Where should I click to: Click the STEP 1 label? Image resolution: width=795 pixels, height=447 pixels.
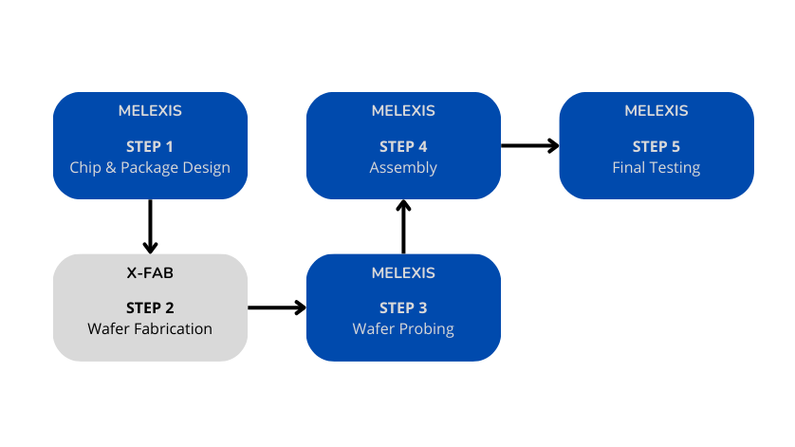pos(150,147)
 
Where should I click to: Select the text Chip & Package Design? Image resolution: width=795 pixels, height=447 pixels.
pos(150,168)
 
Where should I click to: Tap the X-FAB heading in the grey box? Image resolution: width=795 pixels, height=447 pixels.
pos(150,272)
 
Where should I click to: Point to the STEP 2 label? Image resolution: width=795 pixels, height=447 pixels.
pos(150,308)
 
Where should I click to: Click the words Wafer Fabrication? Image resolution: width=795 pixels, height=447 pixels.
pos(150,329)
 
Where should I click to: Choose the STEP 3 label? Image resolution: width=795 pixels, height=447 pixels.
pos(403,308)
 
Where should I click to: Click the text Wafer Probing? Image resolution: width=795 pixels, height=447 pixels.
pos(403,329)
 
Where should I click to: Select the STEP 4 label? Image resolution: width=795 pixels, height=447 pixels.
pos(403,147)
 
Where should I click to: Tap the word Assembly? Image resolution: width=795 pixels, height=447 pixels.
pos(403,168)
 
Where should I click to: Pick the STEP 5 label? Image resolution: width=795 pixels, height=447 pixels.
pos(656,147)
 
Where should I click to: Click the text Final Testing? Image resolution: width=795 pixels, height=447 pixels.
pos(656,168)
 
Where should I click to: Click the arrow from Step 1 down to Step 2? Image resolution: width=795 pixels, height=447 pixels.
pos(150,227)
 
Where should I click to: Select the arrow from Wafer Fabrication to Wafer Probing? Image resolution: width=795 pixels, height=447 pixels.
pos(277,307)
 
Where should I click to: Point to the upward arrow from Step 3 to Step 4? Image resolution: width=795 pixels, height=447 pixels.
pos(403,227)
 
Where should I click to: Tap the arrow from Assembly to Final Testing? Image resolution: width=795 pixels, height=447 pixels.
pos(529,145)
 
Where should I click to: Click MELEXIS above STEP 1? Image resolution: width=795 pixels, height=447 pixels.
pos(150,111)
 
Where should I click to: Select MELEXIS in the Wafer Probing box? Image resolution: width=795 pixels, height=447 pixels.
pos(403,272)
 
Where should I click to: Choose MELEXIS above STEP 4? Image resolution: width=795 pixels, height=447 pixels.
pos(403,111)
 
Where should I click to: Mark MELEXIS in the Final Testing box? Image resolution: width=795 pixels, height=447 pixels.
pos(656,111)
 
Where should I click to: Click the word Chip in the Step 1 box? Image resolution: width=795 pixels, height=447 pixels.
pos(84,168)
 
